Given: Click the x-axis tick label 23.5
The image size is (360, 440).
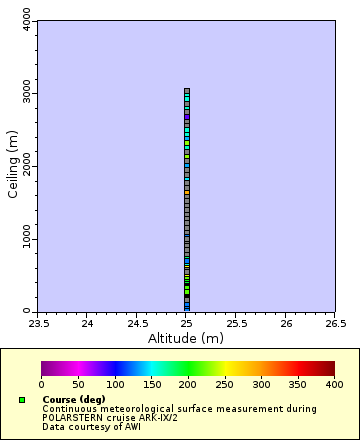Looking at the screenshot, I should click(38, 322).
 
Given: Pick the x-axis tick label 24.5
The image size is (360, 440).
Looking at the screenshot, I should click(137, 322).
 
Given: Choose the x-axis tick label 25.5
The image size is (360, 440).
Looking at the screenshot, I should click(236, 322).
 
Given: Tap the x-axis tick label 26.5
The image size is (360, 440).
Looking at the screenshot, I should click(335, 322).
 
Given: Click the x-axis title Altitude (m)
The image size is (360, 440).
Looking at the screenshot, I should click(187, 338).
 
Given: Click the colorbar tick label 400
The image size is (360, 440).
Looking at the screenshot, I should click(334, 384).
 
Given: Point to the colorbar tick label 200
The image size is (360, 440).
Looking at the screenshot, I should click(188, 384).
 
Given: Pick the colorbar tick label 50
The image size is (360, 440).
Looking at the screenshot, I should click(78, 384).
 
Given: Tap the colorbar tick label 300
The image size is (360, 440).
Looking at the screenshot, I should click(261, 384).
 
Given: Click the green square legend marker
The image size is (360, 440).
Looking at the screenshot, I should click(22, 400).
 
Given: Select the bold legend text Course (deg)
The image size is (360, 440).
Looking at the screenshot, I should click(74, 399).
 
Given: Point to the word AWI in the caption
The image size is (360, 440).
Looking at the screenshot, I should click(132, 426).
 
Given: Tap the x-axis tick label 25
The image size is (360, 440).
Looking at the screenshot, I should click(187, 322).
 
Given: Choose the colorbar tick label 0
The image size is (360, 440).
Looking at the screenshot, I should click(41, 384).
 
